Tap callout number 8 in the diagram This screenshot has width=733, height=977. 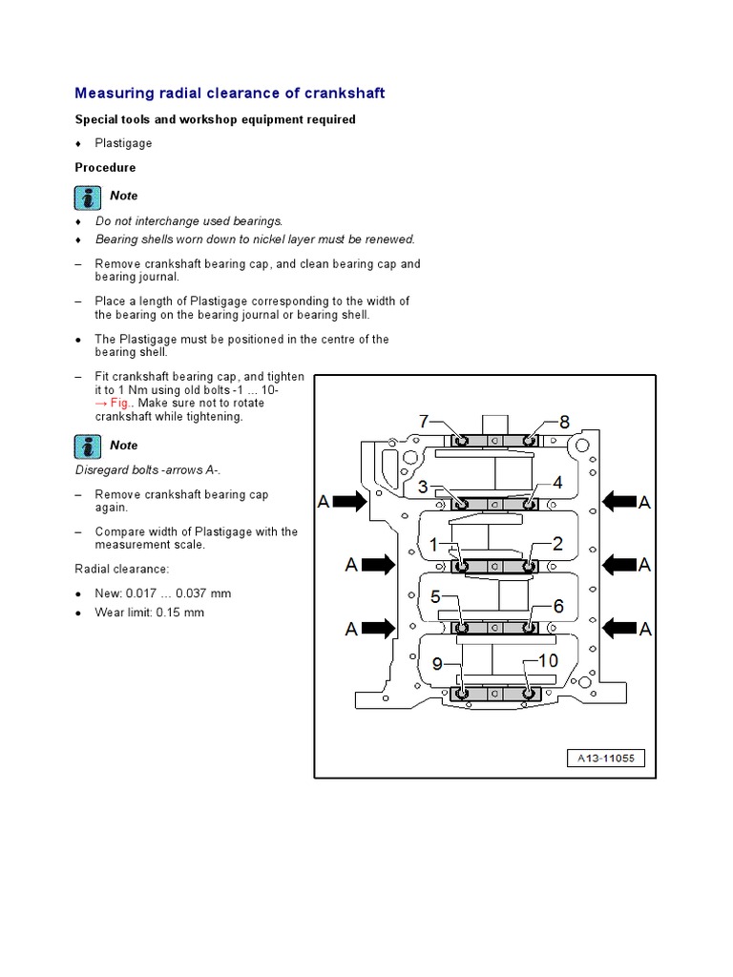click(563, 421)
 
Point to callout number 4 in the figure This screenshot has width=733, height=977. click(557, 484)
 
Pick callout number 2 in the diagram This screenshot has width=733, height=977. click(557, 544)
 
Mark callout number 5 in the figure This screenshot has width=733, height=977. click(435, 597)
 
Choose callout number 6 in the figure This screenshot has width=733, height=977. click(558, 605)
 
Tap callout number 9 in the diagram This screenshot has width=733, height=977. click(437, 664)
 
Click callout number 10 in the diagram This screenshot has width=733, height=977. click(548, 661)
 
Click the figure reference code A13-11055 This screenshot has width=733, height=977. click(606, 759)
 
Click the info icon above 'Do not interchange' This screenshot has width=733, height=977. click(88, 197)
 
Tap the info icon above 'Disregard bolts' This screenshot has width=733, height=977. click(88, 447)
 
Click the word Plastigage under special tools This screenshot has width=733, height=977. click(123, 143)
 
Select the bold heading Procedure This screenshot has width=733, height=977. click(105, 168)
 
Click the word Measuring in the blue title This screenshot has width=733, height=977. click(110, 94)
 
